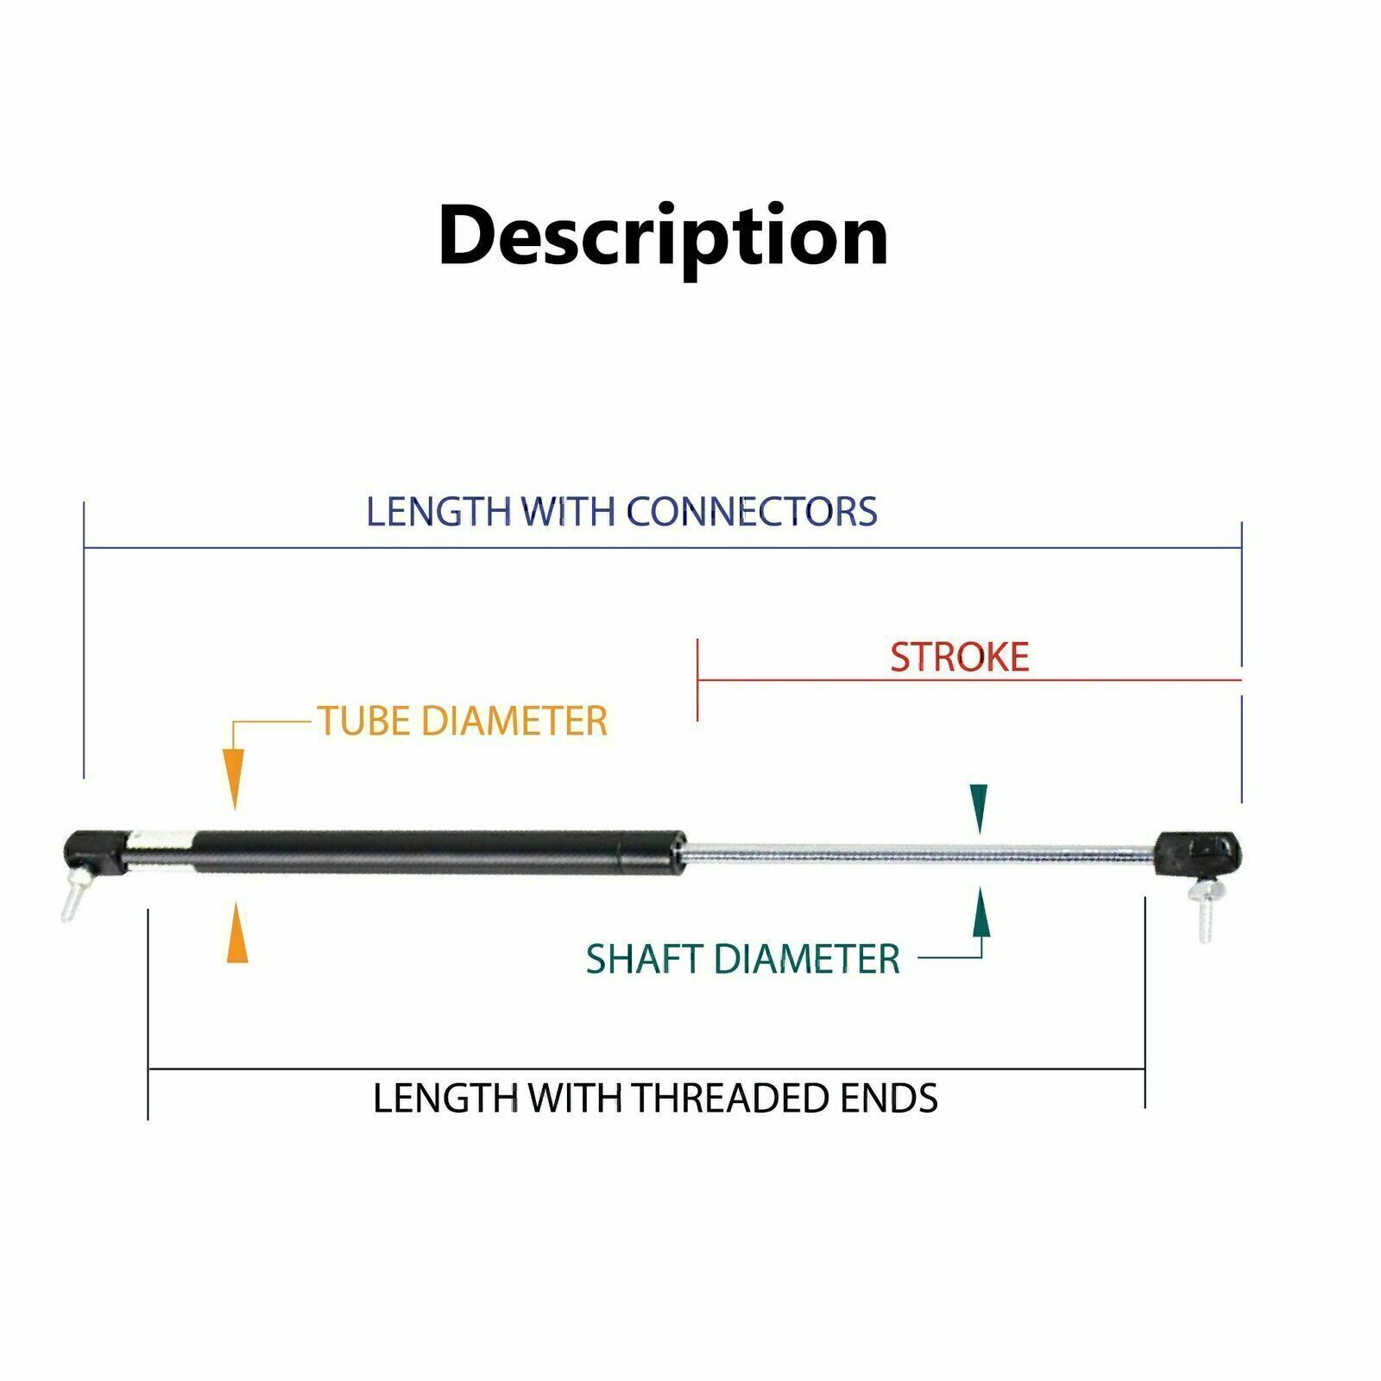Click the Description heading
click(663, 236)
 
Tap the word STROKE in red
click(959, 658)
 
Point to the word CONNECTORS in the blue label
click(751, 511)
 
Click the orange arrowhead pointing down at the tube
click(234, 778)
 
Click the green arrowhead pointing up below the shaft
click(981, 913)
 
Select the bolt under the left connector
click(73, 897)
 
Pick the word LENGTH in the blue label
click(438, 511)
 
